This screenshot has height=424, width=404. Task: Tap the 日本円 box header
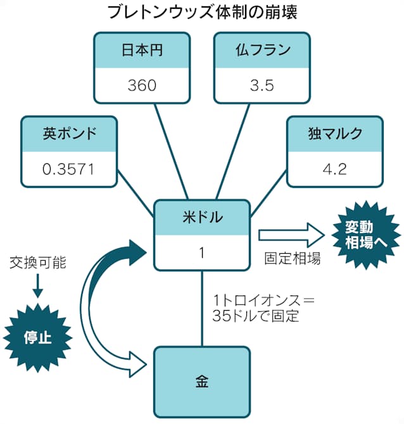[142, 50]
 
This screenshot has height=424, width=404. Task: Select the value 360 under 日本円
[142, 85]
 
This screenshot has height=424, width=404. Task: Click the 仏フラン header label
[262, 50]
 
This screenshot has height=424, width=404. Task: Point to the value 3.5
[262, 85]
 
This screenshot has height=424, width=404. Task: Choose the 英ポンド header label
[70, 134]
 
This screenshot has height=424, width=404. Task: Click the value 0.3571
[70, 169]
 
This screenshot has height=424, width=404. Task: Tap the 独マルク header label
[335, 134]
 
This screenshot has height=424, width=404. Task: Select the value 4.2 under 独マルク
[335, 169]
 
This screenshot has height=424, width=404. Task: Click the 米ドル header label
[201, 218]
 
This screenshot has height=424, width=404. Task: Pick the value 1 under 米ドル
[201, 253]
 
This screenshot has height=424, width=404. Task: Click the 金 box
[201, 382]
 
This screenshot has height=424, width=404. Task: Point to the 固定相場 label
[292, 258]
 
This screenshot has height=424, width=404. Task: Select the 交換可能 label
[37, 261]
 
